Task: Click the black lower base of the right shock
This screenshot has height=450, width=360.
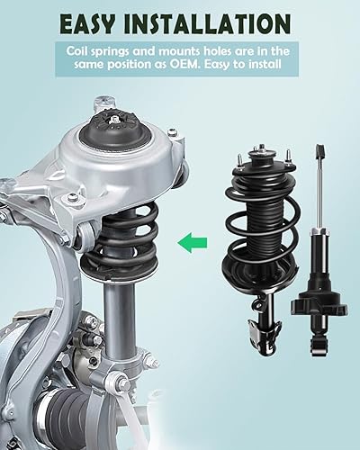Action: tap(319, 315)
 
